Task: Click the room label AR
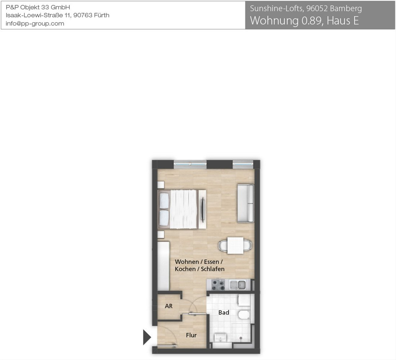(169, 306)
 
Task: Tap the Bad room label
(224, 312)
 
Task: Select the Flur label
(191, 335)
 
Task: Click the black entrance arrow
(147, 337)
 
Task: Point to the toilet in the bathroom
(244, 315)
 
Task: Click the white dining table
(235, 245)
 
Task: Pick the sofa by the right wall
(246, 203)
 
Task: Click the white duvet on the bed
(184, 209)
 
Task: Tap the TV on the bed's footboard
(203, 209)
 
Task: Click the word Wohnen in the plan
(187, 262)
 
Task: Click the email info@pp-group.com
(35, 24)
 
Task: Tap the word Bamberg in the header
(346, 9)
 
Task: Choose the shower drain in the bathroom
(241, 338)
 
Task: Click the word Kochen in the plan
(185, 269)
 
